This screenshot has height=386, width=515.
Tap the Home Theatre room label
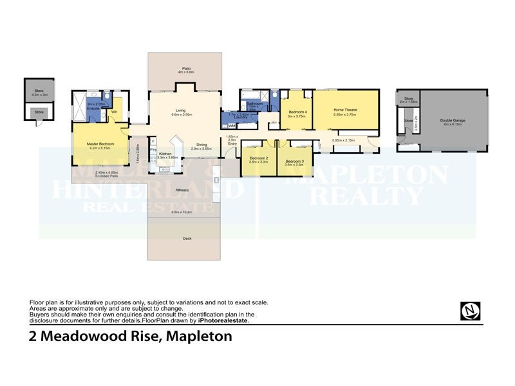pos(345,110)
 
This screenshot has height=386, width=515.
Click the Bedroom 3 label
pos(295,161)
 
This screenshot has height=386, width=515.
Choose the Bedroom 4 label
pos(297,112)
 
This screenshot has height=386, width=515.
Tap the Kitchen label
pos(165,154)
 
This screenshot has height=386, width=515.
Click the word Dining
pos(201,144)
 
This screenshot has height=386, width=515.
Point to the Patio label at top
pos(186,68)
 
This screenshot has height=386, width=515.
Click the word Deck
pos(187,239)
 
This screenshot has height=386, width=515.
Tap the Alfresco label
pos(182,190)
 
